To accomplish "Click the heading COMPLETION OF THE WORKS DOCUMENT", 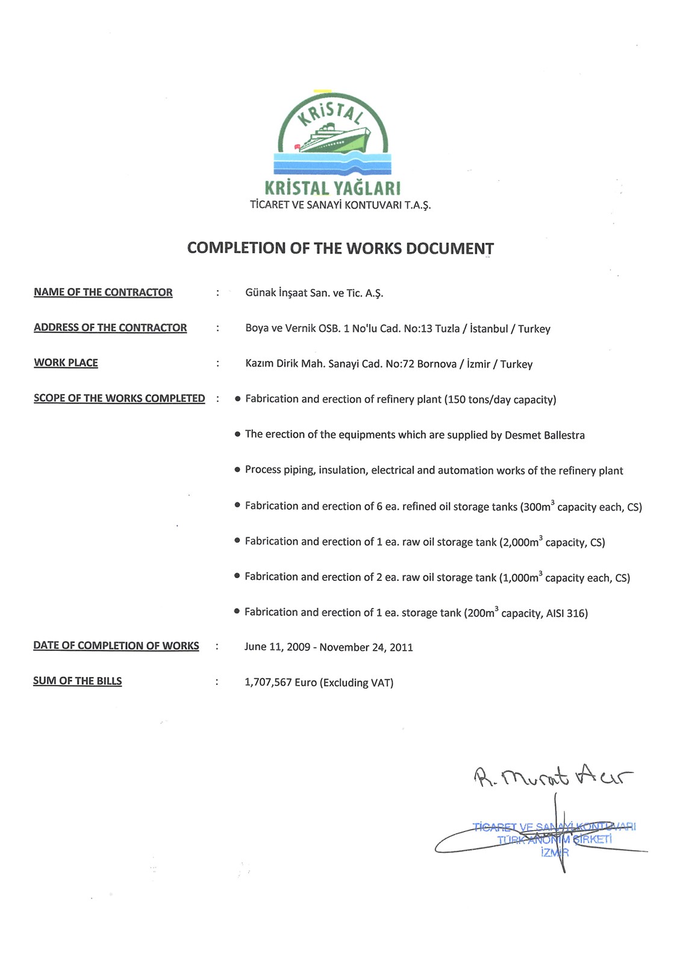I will [340, 248].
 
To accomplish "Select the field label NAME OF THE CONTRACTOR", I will [103, 292].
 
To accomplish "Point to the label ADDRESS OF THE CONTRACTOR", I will [110, 328].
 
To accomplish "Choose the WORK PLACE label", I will [66, 363].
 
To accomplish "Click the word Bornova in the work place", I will [437, 364].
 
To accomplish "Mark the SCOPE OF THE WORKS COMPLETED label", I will [119, 398].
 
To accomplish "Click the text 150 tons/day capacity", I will [500, 399].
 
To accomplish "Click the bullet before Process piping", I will [237, 470].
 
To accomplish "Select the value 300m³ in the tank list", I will [537, 507].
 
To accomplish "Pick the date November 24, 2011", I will [366, 648].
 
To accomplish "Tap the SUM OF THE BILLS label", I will [77, 681].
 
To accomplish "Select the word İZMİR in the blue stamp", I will [555, 853].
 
